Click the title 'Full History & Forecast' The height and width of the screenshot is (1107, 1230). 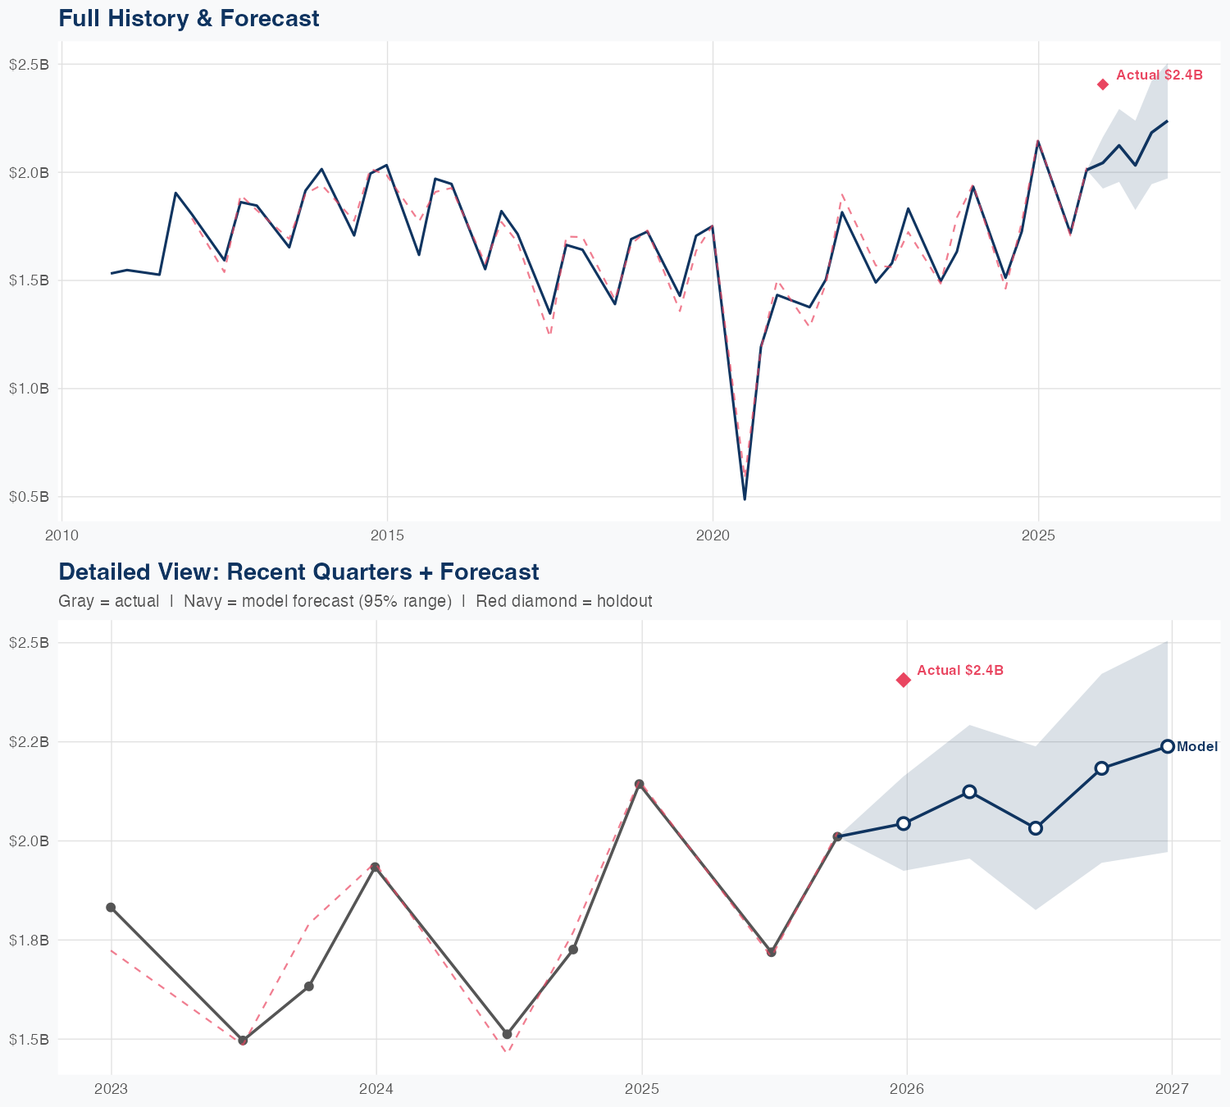pos(189,18)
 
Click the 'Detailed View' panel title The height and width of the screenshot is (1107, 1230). pos(298,572)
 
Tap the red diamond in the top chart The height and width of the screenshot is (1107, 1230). pos(1103,84)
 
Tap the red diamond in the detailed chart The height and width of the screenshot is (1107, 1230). pos(904,680)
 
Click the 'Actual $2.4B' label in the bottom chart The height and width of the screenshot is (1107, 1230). pos(959,670)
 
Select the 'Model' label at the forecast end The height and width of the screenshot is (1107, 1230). pos(1196,746)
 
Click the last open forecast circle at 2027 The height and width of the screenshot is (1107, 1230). pos(1168,746)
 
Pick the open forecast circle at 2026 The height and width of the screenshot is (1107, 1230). pos(904,823)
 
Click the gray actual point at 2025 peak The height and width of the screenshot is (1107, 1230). pos(640,784)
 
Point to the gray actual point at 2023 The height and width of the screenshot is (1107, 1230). pos(111,907)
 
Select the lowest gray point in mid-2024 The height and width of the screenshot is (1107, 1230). pos(507,1034)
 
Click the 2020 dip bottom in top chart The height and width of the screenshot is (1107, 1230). pos(745,499)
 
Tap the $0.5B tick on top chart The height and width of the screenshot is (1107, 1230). pos(29,497)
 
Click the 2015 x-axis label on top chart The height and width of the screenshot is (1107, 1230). pos(387,535)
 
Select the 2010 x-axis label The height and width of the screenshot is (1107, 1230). pos(61,535)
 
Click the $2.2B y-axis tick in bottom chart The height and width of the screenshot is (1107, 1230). pos(29,742)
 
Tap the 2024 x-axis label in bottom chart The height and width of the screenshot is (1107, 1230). pos(376,1089)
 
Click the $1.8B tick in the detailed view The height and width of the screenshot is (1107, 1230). pos(29,940)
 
